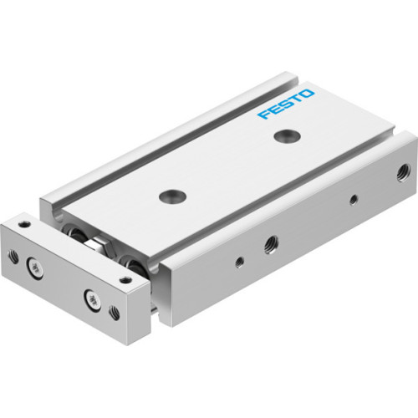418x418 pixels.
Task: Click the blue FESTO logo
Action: point(287,104)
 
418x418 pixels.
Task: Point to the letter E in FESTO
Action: point(274,110)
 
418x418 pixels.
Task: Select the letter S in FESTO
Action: point(286,104)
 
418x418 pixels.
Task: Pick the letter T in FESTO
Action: point(297,99)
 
